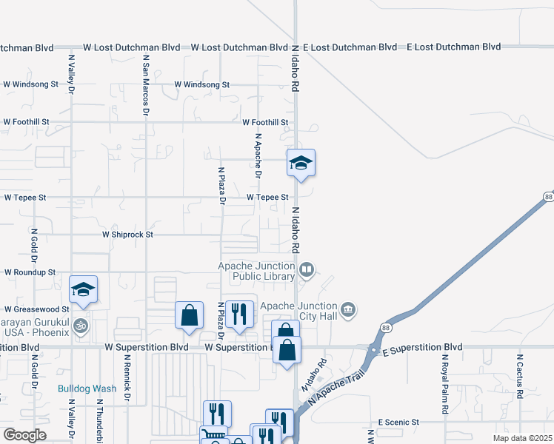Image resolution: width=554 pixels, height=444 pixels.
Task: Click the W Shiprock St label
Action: click(127, 235)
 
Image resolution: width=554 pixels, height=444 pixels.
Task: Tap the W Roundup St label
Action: click(30, 272)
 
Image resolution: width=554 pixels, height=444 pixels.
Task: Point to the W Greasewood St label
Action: click(36, 309)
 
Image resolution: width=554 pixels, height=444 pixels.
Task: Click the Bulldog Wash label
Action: click(87, 388)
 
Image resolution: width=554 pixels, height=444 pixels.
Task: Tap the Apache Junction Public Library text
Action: click(256, 272)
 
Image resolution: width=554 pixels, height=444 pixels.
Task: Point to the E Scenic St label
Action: click(398, 423)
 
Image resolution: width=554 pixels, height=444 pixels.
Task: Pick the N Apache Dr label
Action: click(258, 155)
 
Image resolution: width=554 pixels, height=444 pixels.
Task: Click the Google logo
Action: click(24, 435)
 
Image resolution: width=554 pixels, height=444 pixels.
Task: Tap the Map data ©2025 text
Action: click(523, 437)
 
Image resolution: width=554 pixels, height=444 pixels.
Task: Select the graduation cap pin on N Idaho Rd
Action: click(301, 164)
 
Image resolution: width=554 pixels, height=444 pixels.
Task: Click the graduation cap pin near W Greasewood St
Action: click(84, 289)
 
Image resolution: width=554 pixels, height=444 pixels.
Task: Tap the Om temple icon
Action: click(80, 325)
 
